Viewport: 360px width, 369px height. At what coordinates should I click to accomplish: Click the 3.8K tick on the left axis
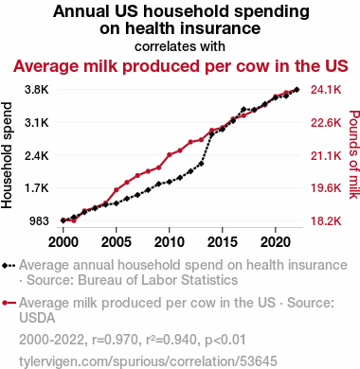[37, 90]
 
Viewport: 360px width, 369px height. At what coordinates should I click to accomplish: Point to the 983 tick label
[39, 221]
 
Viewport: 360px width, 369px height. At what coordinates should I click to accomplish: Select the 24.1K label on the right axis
[326, 90]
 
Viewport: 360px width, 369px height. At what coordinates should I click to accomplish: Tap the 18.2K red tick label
[326, 221]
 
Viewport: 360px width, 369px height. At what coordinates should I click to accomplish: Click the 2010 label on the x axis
[170, 242]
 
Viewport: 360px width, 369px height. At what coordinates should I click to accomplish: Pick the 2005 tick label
[117, 242]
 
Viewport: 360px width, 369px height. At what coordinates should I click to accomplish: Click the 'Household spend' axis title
[7, 155]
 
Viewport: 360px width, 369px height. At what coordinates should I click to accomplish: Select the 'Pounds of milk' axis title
[354, 154]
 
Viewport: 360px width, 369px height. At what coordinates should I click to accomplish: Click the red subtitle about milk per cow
[180, 66]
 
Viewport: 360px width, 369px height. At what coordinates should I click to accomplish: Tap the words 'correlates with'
[180, 46]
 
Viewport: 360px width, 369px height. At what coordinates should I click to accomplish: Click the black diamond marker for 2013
[201, 164]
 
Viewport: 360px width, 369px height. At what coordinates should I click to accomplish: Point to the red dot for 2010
[170, 154]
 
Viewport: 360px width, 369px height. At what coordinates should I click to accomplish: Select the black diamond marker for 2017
[243, 109]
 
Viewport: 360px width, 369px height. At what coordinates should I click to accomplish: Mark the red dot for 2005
[117, 190]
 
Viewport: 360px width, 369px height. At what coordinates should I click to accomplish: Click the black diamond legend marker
[9, 266]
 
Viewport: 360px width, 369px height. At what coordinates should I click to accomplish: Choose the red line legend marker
[9, 303]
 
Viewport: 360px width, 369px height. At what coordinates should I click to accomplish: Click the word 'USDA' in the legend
[37, 318]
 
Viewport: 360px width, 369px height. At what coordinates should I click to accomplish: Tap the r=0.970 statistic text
[116, 340]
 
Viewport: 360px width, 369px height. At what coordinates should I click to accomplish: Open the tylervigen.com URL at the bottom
[148, 361]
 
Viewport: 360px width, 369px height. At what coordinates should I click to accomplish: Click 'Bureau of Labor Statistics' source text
[158, 280]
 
